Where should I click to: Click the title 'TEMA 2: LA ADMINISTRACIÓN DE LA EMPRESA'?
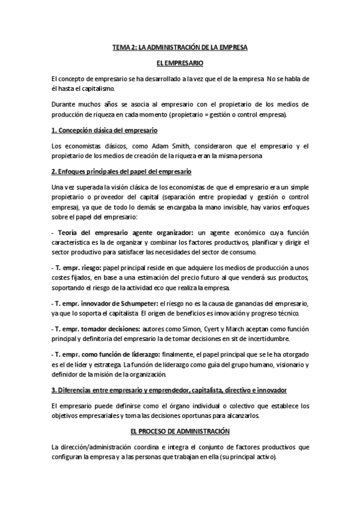(180, 47)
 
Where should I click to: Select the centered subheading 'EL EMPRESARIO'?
(180, 63)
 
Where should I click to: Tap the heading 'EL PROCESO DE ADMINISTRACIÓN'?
(180, 432)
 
